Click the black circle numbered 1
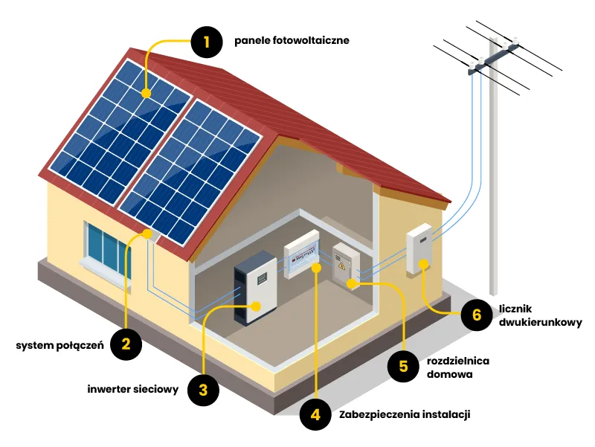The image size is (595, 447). pyautogui.click(x=208, y=42)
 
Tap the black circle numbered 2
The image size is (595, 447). pyautogui.click(x=126, y=344)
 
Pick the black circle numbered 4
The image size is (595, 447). pyautogui.click(x=315, y=415)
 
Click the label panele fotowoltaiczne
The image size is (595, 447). pyautogui.click(x=291, y=40)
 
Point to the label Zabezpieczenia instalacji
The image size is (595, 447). pyautogui.click(x=405, y=415)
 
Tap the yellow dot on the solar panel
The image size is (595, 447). pyautogui.click(x=147, y=94)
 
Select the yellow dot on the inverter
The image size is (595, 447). pyautogui.click(x=257, y=305)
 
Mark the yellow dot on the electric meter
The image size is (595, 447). pyautogui.click(x=424, y=264)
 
